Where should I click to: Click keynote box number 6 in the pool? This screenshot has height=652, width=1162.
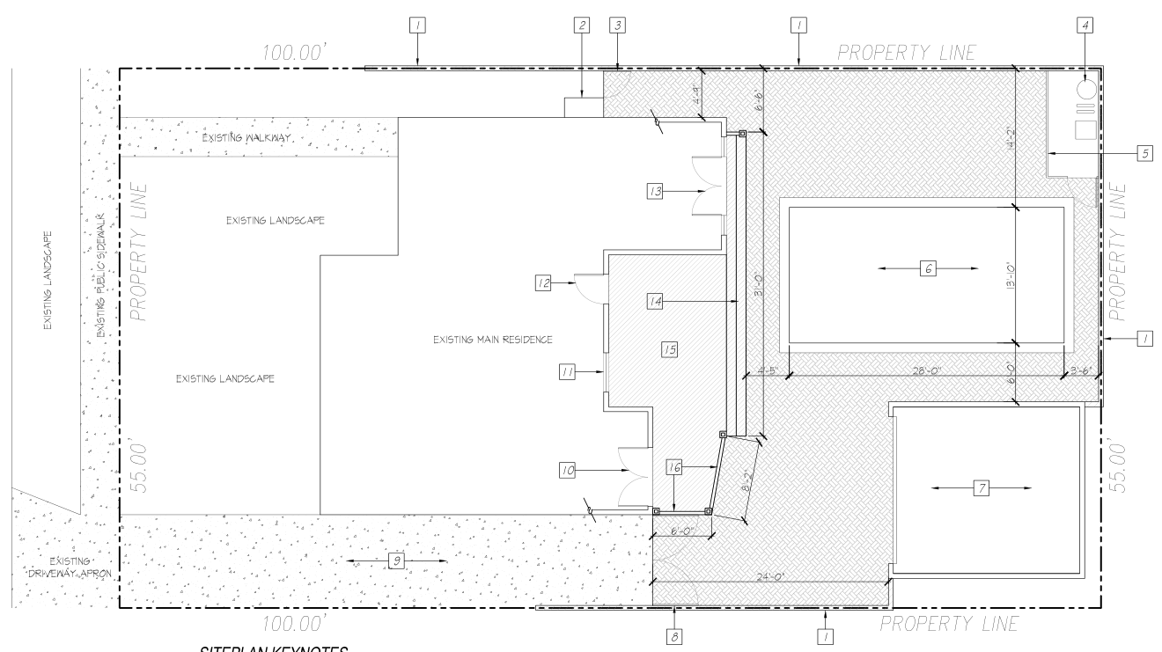pos(928,270)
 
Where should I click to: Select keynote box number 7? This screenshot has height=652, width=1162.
pos(979,488)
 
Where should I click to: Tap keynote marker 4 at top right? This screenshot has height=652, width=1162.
pos(1086,26)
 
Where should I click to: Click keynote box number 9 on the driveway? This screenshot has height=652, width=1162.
pos(395,560)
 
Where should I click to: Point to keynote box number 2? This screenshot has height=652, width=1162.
pos(581,26)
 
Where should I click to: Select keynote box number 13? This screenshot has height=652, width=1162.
pos(655,191)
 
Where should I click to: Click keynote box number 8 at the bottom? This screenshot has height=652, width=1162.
pos(675,633)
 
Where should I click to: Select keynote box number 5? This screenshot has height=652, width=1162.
pos(1145,153)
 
